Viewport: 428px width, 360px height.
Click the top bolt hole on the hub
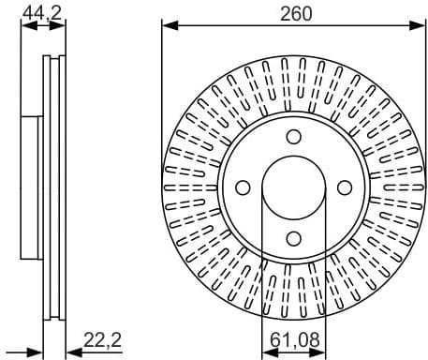point(293,137)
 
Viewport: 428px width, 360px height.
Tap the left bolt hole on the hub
point(244,187)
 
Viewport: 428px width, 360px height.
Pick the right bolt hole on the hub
point(343,187)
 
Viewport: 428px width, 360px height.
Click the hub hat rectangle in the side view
point(32,187)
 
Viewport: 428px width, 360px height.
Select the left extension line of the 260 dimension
point(162,94)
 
